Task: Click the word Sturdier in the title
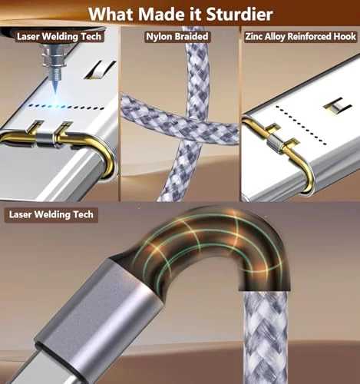point(239,15)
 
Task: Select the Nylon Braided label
point(177,36)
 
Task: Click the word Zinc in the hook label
point(254,36)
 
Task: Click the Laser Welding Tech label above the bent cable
point(51,214)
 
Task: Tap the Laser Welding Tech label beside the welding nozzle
point(59,37)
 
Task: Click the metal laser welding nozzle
point(53,60)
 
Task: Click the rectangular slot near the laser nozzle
point(101,70)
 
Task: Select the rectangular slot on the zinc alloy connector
point(337,105)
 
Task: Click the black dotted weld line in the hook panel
point(302,124)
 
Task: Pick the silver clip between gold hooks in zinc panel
point(274,144)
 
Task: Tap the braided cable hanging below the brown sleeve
point(265,338)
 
